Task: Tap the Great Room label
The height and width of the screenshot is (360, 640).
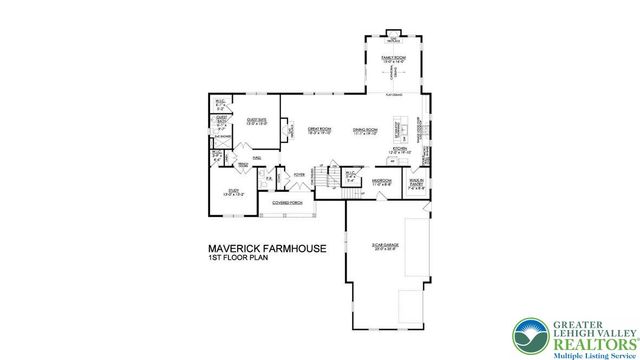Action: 320,130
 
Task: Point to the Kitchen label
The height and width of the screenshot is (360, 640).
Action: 400,148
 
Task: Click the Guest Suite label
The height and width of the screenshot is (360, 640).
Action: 256,121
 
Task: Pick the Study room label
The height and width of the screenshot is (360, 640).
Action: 232,193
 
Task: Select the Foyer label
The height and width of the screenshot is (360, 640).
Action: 299,173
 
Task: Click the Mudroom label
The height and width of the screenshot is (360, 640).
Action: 381,182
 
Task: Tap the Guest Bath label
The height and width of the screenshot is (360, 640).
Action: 224,123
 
